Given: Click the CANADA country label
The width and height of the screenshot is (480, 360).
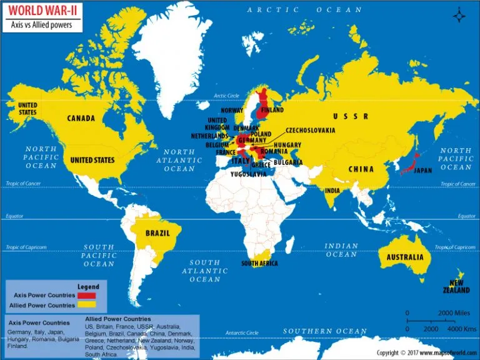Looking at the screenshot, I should pyautogui.click(x=81, y=118).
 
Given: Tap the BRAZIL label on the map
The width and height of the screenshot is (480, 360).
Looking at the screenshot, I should pyautogui.click(x=157, y=232).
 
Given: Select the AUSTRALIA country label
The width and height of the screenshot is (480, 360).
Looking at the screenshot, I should pyautogui.click(x=404, y=257).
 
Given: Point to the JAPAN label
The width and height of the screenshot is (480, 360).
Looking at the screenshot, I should pyautogui.click(x=423, y=170).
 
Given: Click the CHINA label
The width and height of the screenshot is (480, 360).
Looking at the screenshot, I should pyautogui.click(x=361, y=169).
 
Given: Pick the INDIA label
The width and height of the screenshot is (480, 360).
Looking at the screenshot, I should pyautogui.click(x=332, y=191).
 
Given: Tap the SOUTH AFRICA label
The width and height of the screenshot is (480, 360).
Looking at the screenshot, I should pyautogui.click(x=260, y=264).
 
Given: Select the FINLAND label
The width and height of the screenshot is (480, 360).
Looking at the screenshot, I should pyautogui.click(x=272, y=110).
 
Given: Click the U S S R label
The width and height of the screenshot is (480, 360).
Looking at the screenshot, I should pyautogui.click(x=350, y=116).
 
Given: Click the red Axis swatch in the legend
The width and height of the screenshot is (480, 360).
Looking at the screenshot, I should pyautogui.click(x=86, y=295).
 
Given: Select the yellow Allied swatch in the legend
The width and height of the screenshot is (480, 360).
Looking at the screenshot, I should pyautogui.click(x=86, y=305).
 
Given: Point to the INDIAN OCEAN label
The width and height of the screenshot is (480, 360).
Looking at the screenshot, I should pyautogui.click(x=341, y=250).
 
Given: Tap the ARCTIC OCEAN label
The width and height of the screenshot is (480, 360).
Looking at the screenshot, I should pyautogui.click(x=304, y=10).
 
